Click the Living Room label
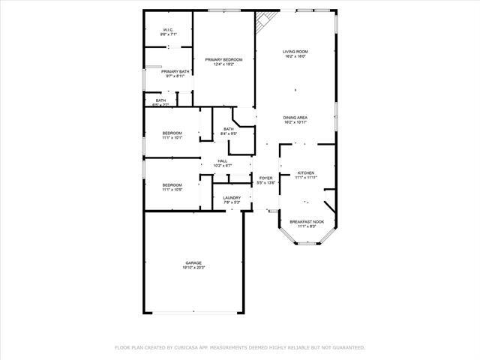[295, 51]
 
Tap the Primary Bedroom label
[223, 59]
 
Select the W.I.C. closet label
[168, 30]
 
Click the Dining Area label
[295, 117]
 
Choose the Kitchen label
[305, 172]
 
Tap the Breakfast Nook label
[307, 221]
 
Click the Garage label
[193, 262]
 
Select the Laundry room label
[231, 197]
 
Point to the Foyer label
[265, 178]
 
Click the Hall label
[222, 160]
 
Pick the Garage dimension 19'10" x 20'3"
[193, 268]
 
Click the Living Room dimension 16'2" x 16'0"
[295, 56]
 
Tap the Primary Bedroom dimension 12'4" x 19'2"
[223, 64]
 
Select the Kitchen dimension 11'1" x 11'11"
[305, 177]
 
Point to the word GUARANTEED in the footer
[347, 347]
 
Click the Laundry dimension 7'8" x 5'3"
[231, 202]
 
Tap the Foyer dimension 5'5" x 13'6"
[265, 183]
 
